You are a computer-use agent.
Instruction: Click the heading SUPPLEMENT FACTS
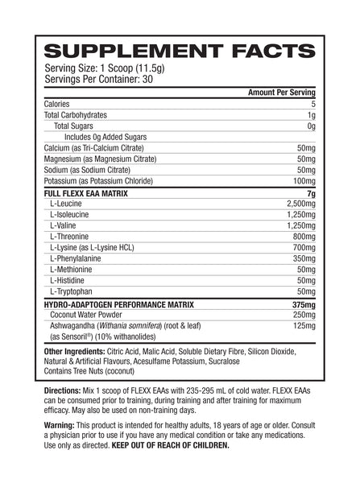pyautogui.click(x=180, y=47)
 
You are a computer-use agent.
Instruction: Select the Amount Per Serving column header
pyautogui.click(x=273, y=94)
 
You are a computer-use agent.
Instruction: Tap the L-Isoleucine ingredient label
pyautogui.click(x=77, y=220)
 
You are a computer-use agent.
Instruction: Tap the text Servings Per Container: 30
pyautogui.click(x=109, y=79)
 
